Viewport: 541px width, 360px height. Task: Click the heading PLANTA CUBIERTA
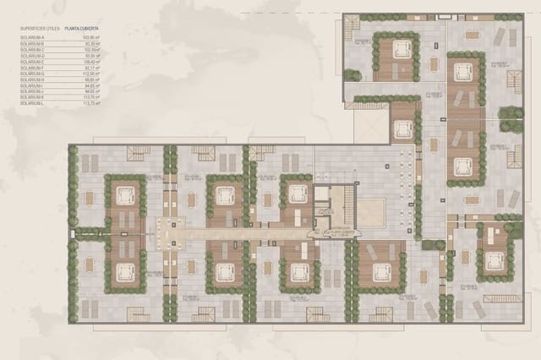[x=86, y=28]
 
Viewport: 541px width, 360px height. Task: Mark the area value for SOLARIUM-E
[x=91, y=62]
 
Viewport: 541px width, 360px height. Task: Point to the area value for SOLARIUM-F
[x=92, y=68]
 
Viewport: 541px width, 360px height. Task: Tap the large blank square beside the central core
[x=371, y=212]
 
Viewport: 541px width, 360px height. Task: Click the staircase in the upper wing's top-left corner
[x=352, y=30]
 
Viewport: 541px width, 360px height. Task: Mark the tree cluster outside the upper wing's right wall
[x=511, y=117]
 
